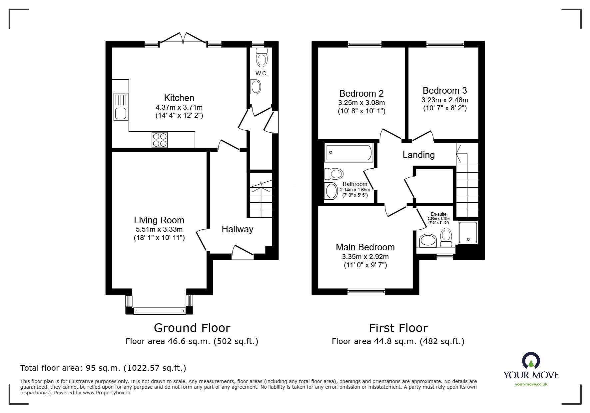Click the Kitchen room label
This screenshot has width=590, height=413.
point(179,98)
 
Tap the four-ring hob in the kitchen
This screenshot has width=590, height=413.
point(160,140)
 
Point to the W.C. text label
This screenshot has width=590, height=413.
point(262,74)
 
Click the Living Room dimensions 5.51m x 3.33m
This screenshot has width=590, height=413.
point(159,229)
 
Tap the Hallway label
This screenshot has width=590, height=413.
point(237,229)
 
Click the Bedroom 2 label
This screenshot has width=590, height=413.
point(361,93)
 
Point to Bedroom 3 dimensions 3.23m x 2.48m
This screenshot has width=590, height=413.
point(445,100)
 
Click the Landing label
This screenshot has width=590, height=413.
point(418,155)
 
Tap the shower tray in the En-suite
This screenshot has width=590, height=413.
point(468,232)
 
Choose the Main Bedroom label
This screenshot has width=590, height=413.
point(365,247)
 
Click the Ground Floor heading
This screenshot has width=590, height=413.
point(192,328)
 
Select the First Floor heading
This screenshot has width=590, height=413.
point(398,328)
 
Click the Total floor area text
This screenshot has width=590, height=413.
point(103,368)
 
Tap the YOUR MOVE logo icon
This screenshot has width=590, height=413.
point(531,361)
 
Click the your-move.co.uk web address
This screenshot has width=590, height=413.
point(531,384)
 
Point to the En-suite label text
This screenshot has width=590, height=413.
point(438,214)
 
